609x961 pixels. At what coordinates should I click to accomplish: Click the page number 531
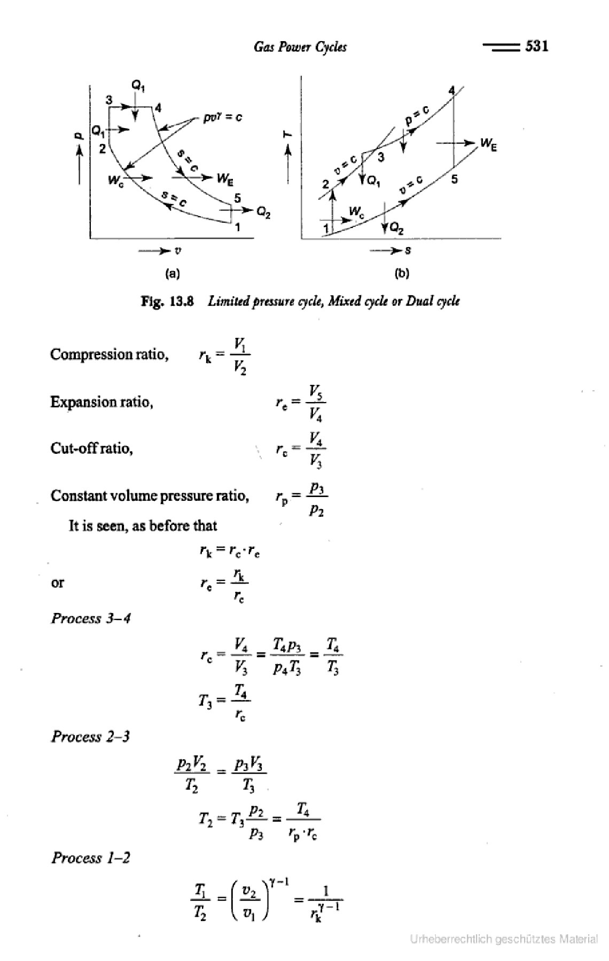tap(537, 46)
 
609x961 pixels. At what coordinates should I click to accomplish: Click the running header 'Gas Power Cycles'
tap(300, 48)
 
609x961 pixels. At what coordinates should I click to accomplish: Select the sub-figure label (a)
tap(172, 274)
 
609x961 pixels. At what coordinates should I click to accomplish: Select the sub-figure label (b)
tap(402, 274)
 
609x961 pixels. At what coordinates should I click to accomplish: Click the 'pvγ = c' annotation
tap(223, 117)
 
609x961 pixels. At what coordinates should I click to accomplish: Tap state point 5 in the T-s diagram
tap(454, 179)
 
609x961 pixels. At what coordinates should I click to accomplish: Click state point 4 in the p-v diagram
tap(158, 108)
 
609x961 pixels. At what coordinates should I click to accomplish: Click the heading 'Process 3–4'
tap(91, 618)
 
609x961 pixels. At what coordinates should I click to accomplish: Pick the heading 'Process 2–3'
tap(91, 737)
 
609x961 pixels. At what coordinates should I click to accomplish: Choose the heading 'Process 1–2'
tap(91, 858)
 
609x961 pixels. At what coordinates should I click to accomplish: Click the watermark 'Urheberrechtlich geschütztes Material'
tap(504, 940)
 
